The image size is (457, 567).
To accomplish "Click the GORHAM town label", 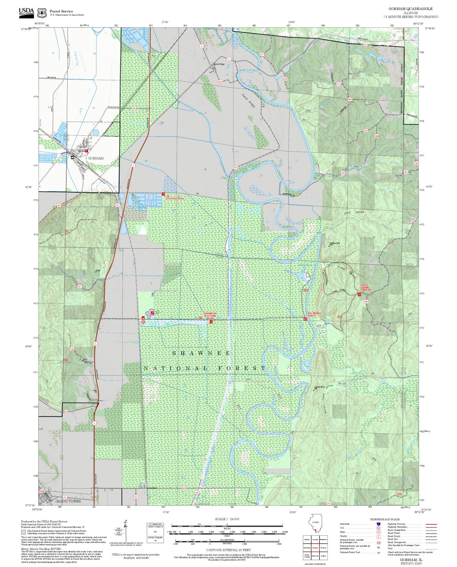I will [x=96, y=158].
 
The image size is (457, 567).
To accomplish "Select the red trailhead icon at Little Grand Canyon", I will [x=359, y=294].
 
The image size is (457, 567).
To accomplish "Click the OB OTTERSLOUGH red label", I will [x=175, y=197].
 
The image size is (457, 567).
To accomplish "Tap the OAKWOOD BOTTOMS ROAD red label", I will [x=210, y=315].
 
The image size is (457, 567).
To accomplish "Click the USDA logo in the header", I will [x=27, y=12].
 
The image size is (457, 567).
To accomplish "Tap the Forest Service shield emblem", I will [x=42, y=13].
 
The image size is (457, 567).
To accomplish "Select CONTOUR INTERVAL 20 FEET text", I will [x=228, y=550].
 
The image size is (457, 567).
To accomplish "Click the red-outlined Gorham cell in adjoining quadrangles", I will [x=315, y=548].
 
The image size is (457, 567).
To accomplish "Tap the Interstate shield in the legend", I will [x=378, y=524].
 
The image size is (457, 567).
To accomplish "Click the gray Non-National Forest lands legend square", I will [x=23, y=532].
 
